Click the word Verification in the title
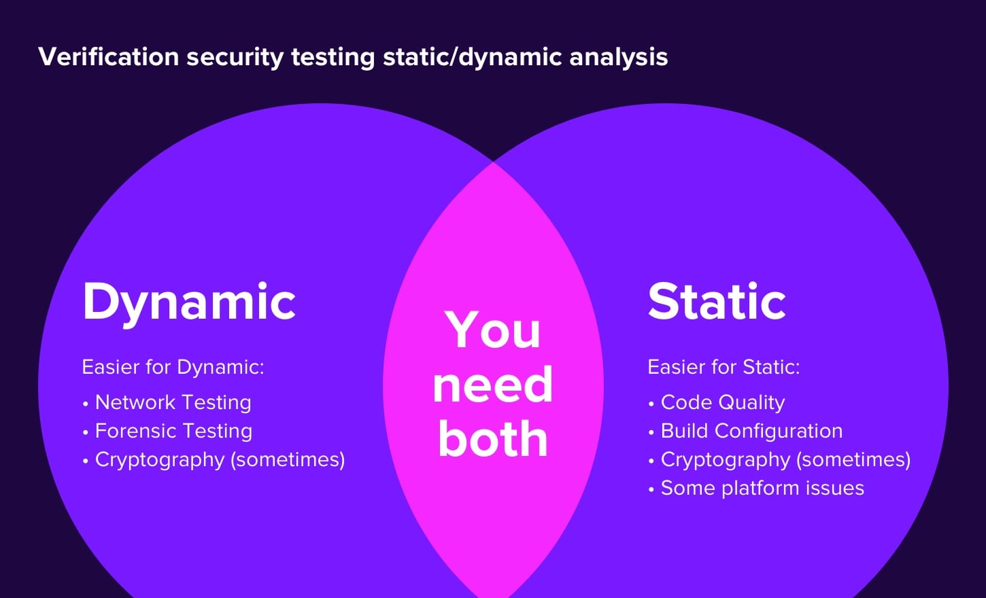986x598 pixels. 109,57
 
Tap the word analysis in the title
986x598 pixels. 618,58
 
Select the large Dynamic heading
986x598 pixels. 189,303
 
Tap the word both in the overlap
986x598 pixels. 492,437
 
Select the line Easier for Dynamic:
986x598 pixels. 173,367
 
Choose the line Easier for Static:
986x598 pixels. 724,367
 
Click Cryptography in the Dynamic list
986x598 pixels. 160,460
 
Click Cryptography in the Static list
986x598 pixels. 726,460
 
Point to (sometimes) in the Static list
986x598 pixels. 853,460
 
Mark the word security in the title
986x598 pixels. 235,58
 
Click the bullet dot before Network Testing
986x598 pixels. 86,404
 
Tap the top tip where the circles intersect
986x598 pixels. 494,162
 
